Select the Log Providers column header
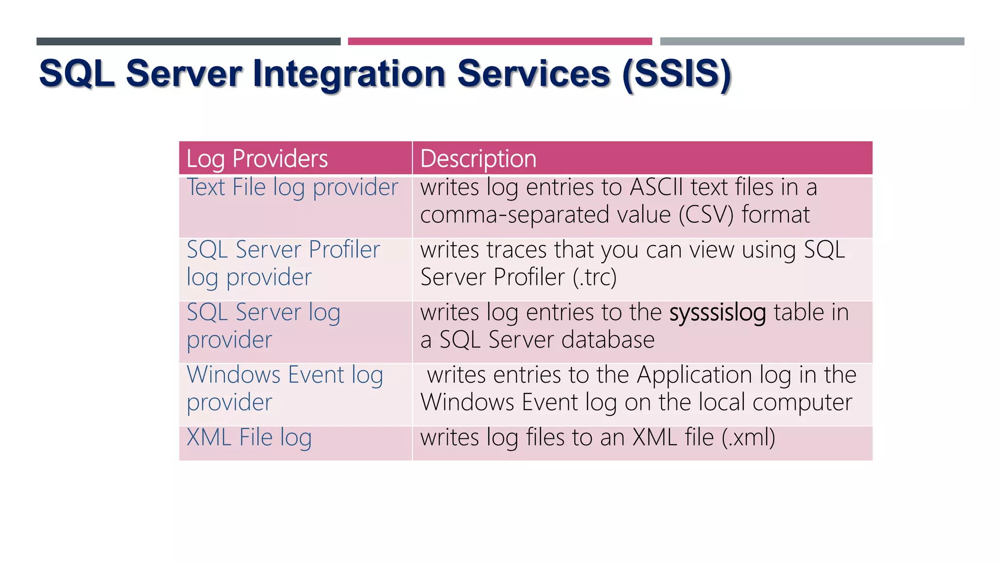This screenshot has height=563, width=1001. tap(257, 159)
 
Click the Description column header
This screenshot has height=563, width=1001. tap(478, 159)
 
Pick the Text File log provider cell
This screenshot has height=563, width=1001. tap(292, 188)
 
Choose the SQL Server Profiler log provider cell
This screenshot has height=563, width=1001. tap(283, 263)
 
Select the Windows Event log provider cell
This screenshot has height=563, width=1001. tap(284, 389)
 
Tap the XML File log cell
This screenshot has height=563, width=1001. tap(249, 437)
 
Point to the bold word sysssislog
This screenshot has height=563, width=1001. tap(717, 313)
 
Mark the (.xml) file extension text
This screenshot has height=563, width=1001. tap(748, 437)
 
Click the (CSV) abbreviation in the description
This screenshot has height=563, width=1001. tap(706, 215)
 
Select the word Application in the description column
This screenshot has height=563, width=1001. tap(694, 375)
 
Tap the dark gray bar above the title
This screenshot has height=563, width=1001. tap(188, 42)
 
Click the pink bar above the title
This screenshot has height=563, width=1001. tap(500, 42)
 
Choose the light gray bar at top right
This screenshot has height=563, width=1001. tap(812, 42)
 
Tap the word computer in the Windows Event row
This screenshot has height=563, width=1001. tap(802, 403)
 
